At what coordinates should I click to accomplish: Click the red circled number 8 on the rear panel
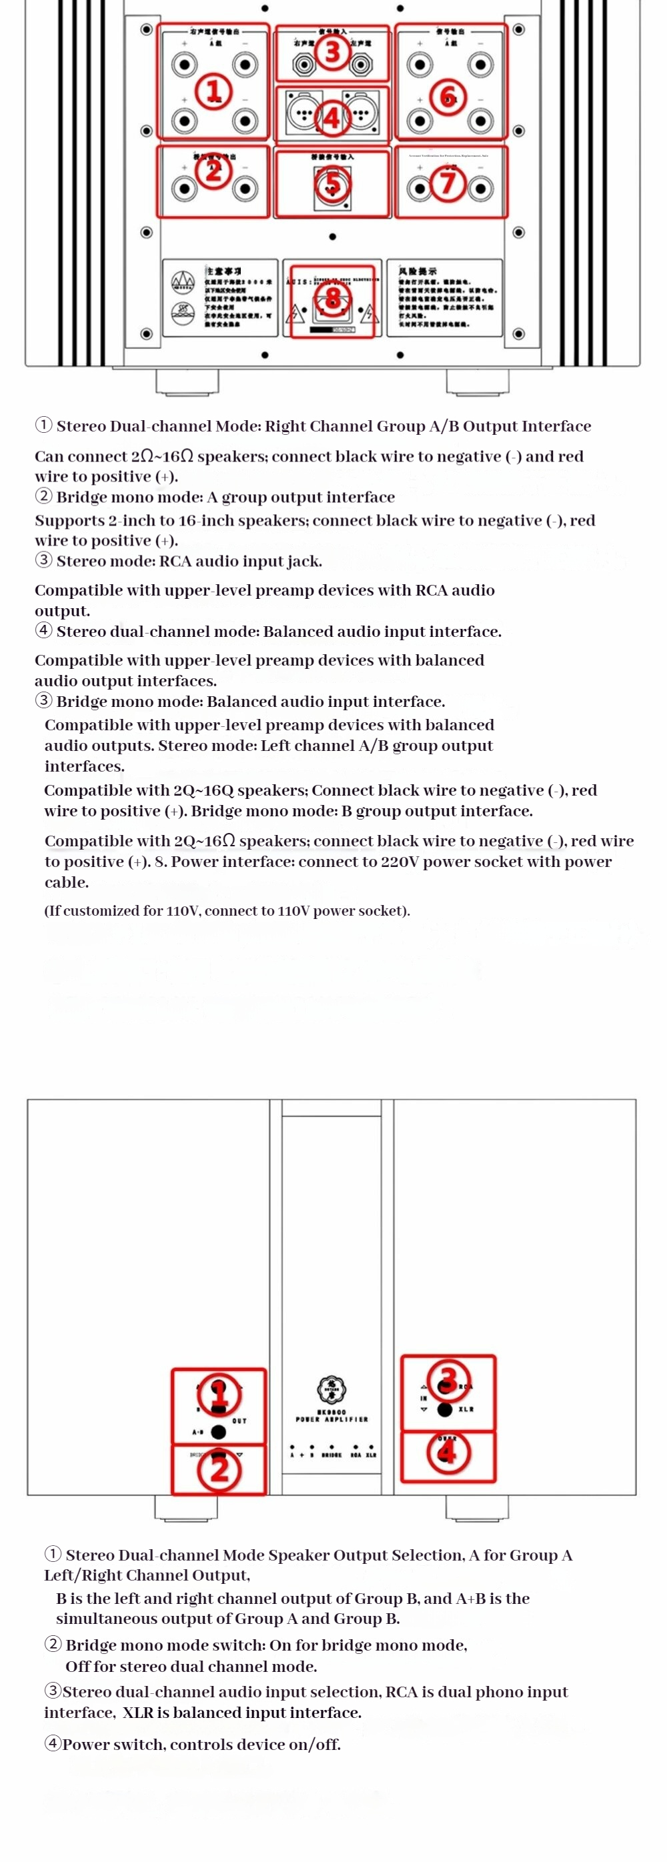point(332,298)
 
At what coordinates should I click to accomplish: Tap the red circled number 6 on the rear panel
point(448,95)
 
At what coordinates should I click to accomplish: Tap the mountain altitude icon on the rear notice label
point(182,282)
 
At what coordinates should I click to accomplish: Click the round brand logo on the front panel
point(331,1388)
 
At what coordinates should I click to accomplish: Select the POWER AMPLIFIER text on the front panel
point(331,1419)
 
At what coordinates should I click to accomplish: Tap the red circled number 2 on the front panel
point(219,1469)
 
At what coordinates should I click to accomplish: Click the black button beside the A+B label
point(219,1431)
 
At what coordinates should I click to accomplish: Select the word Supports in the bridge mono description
point(67,520)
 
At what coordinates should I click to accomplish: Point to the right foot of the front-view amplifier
point(477,1507)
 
